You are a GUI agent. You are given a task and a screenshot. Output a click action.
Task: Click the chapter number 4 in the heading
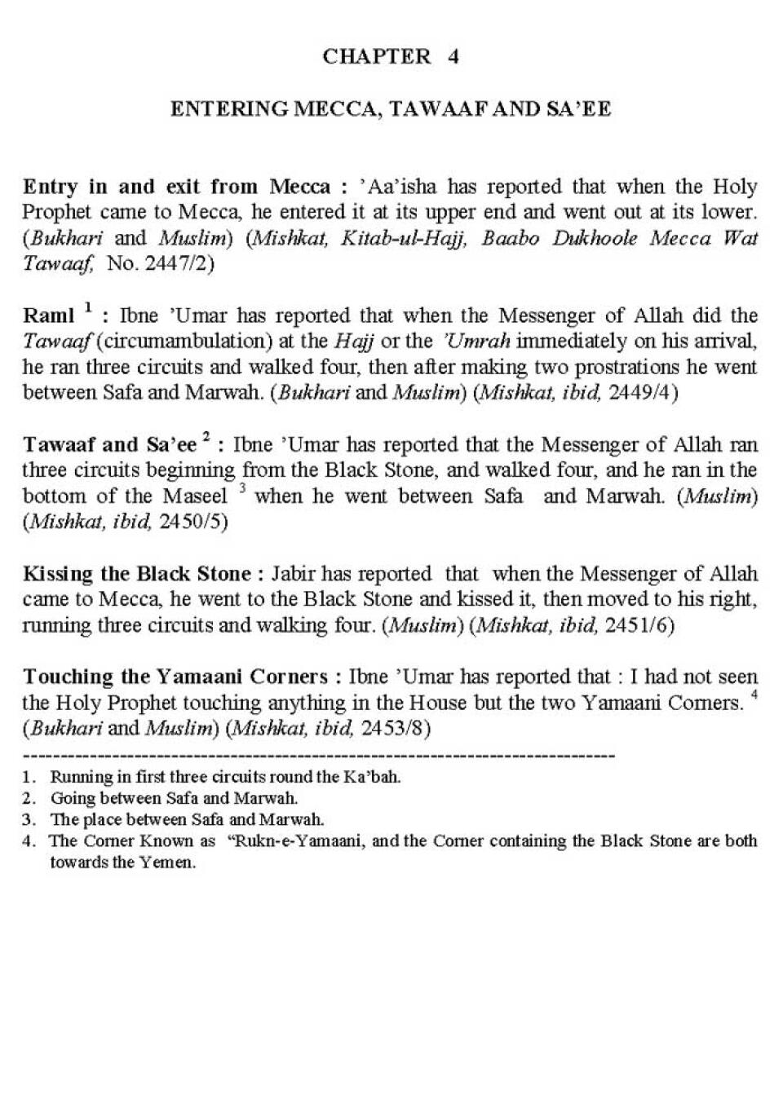click(x=453, y=56)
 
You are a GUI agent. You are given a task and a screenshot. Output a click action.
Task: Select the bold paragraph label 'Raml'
click(x=47, y=316)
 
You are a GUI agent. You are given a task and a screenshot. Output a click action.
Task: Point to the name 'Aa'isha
click(x=399, y=187)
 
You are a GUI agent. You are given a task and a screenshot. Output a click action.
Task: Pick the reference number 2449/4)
click(x=644, y=392)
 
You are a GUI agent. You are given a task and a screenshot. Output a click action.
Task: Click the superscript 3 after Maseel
click(x=242, y=489)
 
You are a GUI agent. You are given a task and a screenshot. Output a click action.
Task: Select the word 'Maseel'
click(x=195, y=496)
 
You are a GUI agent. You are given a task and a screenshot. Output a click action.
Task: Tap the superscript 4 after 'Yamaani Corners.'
click(x=754, y=695)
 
